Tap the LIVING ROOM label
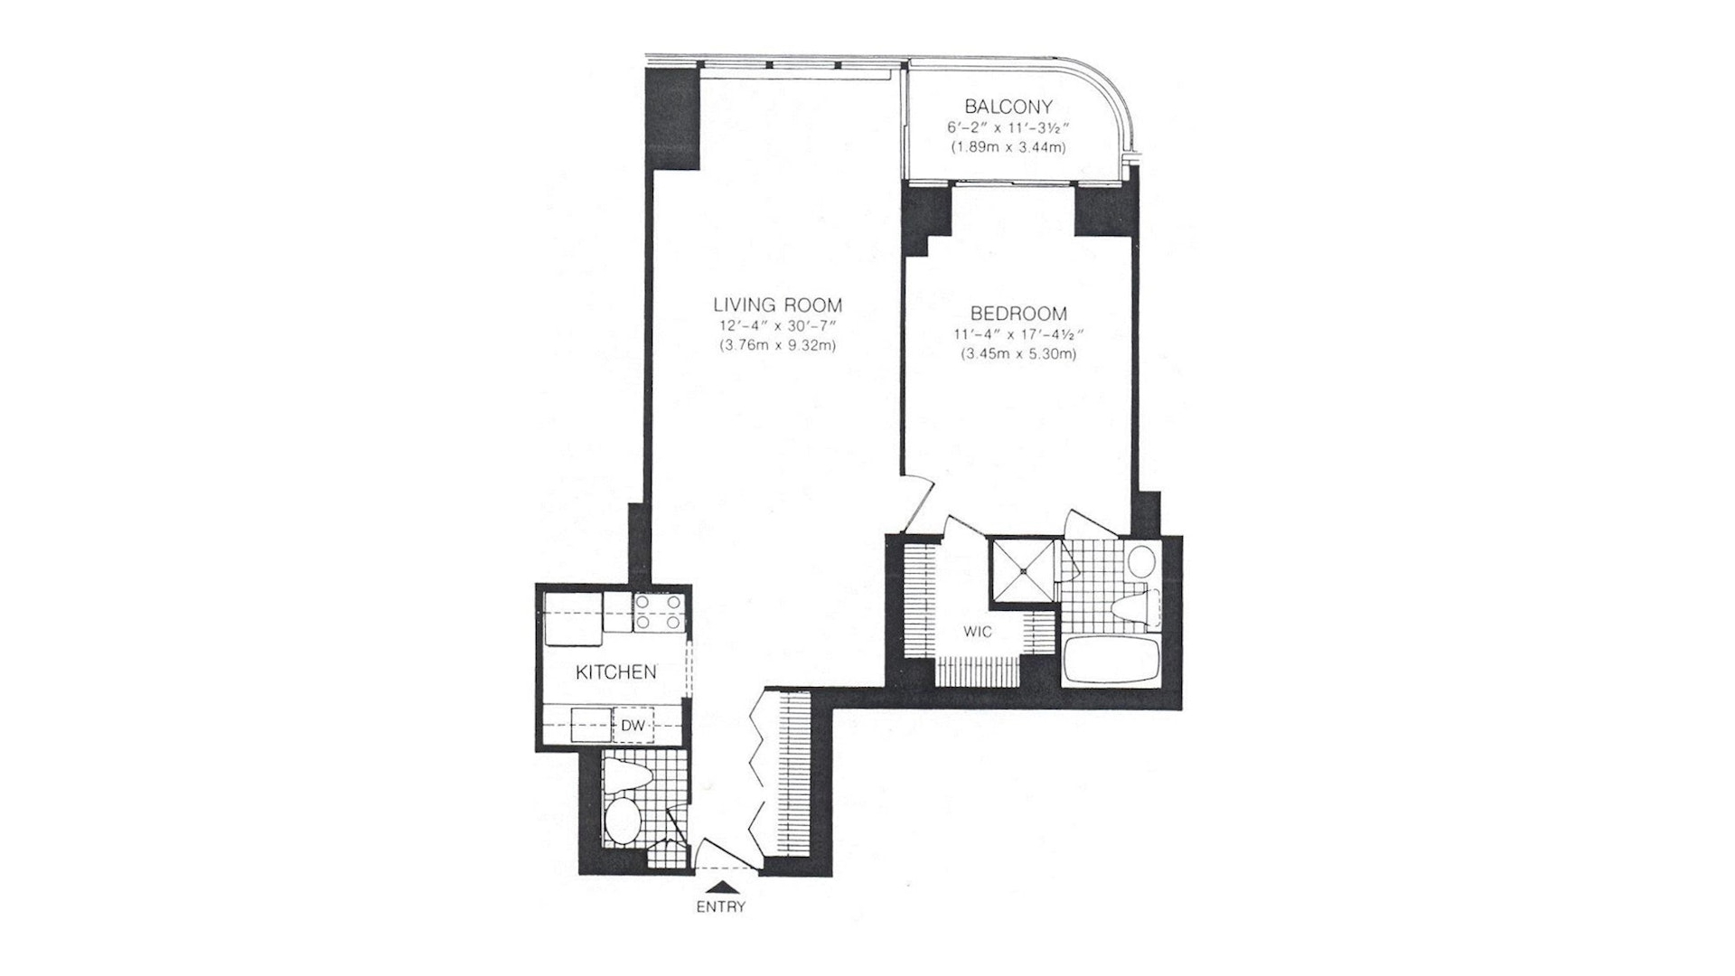tap(777, 305)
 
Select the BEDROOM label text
tap(1018, 314)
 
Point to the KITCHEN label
tap(616, 672)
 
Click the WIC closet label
tap(978, 632)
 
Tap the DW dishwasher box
tap(634, 725)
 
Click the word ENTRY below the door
tap(720, 907)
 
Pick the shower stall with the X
tap(1024, 570)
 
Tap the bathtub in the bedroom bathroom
tap(1111, 661)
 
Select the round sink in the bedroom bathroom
tap(1141, 561)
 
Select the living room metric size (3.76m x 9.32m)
tap(777, 344)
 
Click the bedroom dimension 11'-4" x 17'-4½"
tap(1018, 334)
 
